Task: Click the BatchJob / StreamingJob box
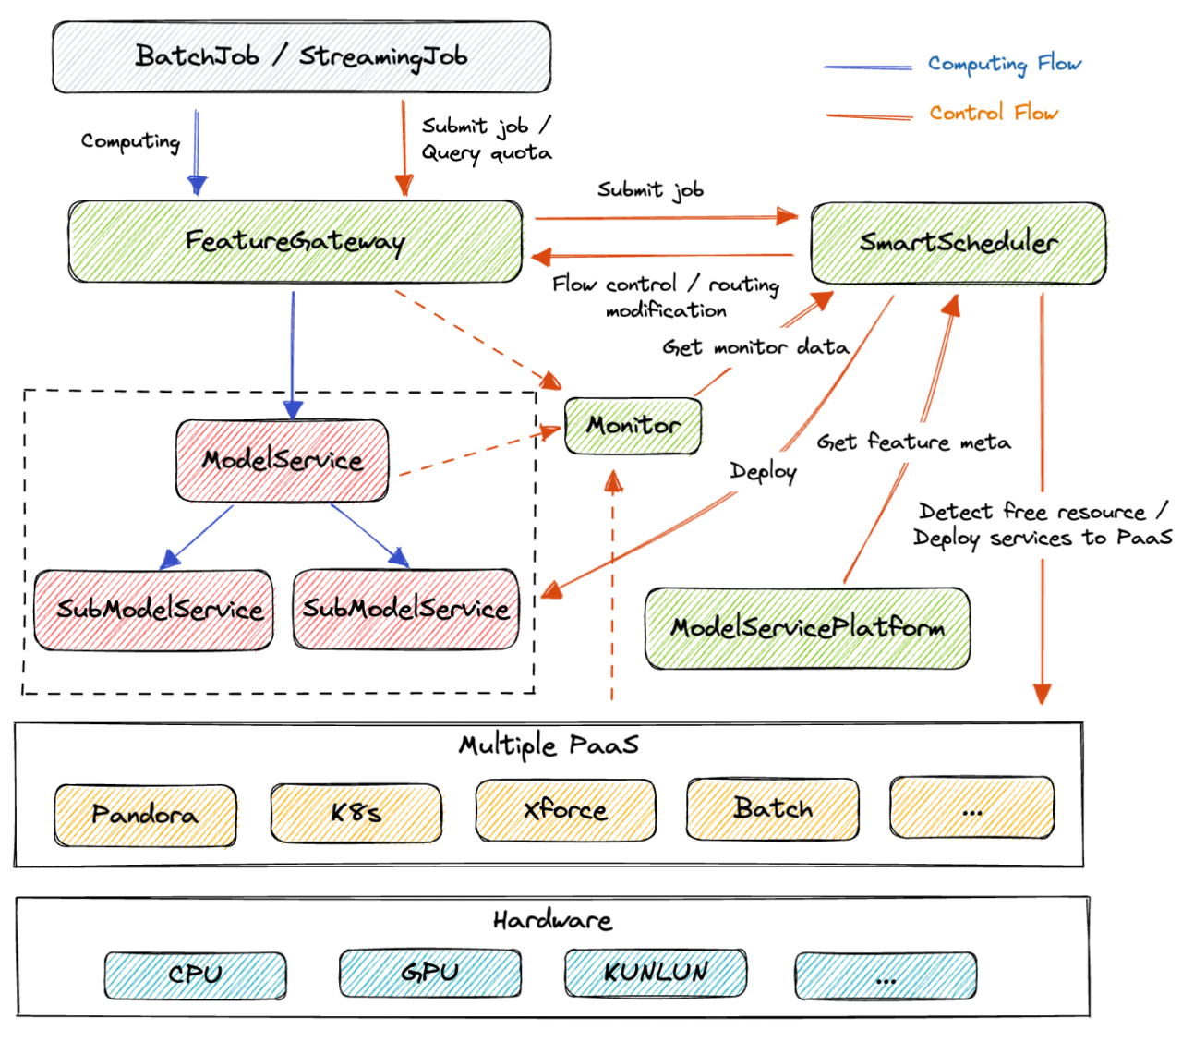[301, 57]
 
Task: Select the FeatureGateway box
[295, 241]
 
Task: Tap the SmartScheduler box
[958, 243]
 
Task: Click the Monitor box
[633, 426]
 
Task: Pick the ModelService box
[282, 460]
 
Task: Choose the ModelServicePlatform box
[807, 628]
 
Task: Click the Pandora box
[145, 815]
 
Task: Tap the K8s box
[356, 812]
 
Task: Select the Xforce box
[565, 810]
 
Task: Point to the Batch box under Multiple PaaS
[772, 809]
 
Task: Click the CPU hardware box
[196, 975]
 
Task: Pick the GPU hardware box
[430, 973]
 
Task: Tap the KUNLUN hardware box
[655, 973]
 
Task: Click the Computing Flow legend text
[1004, 64]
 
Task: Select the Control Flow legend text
[993, 112]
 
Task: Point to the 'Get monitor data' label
[755, 347]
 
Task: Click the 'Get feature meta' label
[913, 442]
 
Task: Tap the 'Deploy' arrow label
[763, 471]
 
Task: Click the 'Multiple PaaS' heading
[549, 745]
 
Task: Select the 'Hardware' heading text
[552, 920]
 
